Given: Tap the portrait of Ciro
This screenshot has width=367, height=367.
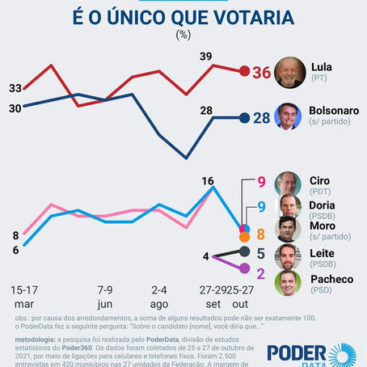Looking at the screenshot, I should click(289, 183).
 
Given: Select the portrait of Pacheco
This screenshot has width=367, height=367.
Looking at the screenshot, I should click(289, 284).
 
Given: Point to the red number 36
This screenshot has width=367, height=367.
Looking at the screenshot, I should click(261, 72).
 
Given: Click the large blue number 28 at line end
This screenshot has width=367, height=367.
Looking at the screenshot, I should click(262, 118).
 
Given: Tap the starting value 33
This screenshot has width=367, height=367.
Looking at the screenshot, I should click(15, 87).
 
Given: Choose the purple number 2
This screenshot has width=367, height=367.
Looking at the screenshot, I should click(260, 269).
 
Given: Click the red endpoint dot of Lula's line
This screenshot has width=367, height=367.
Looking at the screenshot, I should click(244, 71).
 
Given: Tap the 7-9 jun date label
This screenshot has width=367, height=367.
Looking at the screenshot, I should click(104, 294).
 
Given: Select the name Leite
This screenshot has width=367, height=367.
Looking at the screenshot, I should click(323, 252).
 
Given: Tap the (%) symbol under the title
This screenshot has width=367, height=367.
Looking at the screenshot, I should click(183, 35).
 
